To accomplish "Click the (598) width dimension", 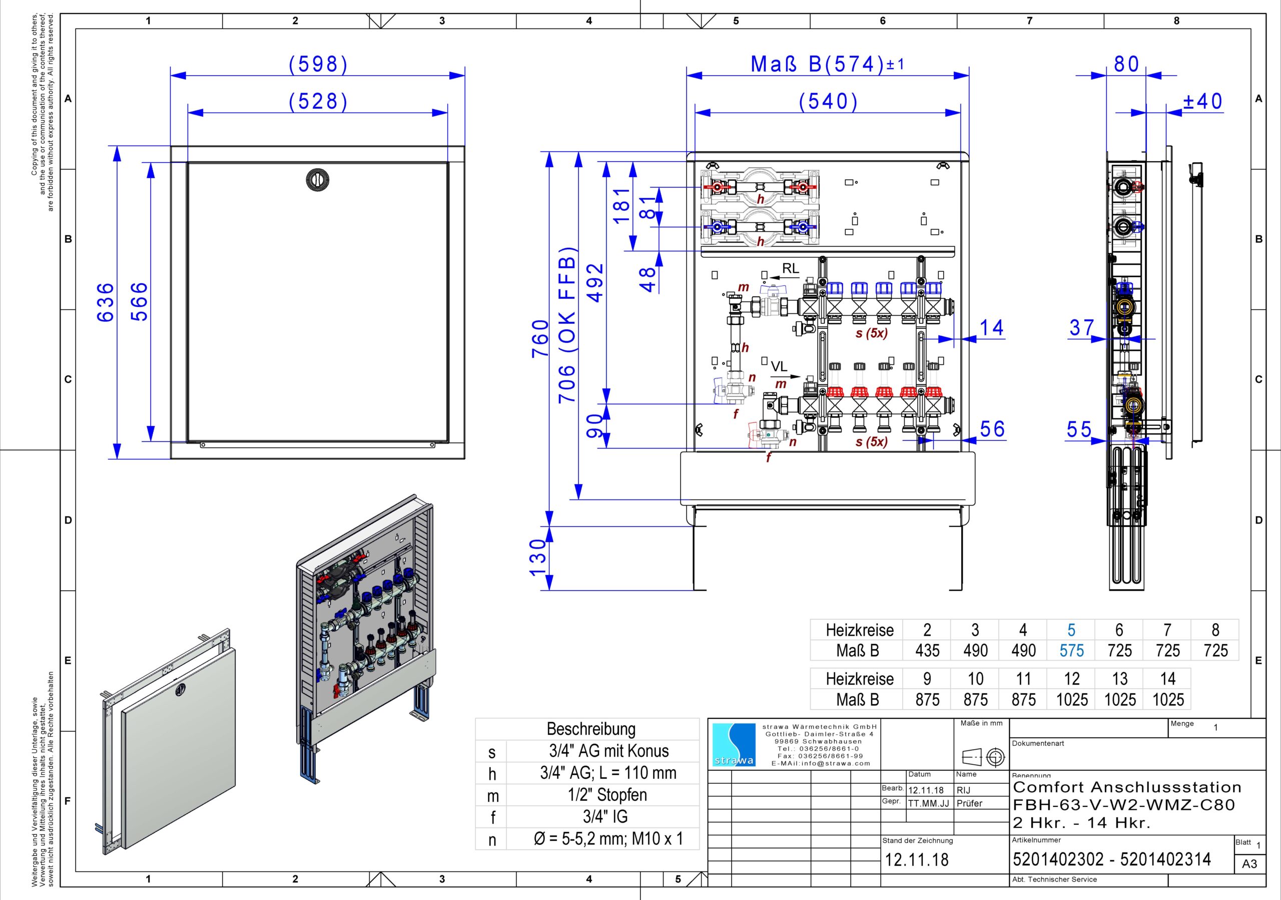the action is point(318,65).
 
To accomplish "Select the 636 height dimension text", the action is point(106,302).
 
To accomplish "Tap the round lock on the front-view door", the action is point(317,180).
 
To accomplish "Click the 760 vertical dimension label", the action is point(540,339).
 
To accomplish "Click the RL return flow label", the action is point(791,268).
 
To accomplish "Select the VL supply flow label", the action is point(779,366).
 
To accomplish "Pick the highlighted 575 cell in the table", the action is point(1071,651).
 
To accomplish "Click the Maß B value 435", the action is point(927,651).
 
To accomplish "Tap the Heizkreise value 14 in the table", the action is point(1168,678).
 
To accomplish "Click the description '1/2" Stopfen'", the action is point(607,795).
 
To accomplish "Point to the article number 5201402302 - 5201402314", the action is point(1111,859).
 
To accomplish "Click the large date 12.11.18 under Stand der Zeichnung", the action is point(917,860).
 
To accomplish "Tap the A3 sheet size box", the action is point(1250,864).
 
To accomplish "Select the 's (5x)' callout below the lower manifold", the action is point(872,442).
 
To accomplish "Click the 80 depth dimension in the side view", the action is point(1126,65).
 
